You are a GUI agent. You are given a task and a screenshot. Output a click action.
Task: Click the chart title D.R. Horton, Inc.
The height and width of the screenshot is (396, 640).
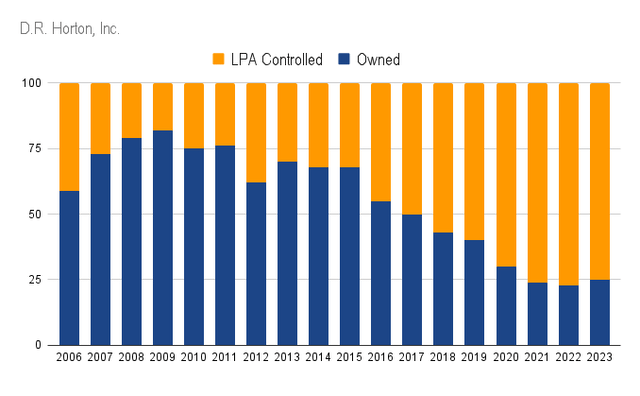(69, 29)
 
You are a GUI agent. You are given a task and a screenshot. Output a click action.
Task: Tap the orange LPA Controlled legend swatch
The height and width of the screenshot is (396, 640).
(218, 59)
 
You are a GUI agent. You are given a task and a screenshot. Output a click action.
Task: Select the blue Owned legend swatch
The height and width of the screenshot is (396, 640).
(344, 59)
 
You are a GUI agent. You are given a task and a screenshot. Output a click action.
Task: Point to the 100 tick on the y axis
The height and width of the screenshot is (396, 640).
(32, 83)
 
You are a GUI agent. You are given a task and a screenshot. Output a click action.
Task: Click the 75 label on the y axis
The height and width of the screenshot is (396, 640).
(35, 148)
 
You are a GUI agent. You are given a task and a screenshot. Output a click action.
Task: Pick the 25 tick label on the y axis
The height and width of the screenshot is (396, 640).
(35, 280)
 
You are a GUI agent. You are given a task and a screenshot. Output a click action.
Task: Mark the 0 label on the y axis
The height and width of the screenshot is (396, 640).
(38, 345)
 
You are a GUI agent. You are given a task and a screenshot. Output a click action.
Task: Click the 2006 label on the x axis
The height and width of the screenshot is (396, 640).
(69, 357)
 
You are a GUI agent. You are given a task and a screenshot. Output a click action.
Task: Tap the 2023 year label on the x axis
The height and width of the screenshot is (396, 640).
(600, 357)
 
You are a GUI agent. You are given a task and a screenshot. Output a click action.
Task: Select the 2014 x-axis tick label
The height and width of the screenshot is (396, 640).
(318, 357)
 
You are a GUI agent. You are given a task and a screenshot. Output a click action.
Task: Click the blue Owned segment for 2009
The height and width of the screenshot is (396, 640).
(163, 238)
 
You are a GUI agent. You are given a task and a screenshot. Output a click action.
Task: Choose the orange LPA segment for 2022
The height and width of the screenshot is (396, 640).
(569, 184)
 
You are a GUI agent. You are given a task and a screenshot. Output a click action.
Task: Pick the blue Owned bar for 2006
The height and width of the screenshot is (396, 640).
(69, 268)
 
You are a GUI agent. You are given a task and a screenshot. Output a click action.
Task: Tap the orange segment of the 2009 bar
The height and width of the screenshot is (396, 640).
(163, 107)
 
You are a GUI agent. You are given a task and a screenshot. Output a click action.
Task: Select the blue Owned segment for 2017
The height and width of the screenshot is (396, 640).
(412, 280)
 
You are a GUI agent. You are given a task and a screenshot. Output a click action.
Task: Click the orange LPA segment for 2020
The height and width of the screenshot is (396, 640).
(506, 175)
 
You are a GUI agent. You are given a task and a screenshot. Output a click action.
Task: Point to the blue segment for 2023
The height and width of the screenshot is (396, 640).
(600, 312)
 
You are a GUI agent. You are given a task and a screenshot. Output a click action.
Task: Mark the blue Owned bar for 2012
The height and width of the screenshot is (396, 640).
(256, 264)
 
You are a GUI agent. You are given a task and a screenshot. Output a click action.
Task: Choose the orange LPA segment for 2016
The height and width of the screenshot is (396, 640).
(381, 142)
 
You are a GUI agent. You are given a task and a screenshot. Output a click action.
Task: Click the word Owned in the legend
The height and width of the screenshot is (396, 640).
(378, 60)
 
